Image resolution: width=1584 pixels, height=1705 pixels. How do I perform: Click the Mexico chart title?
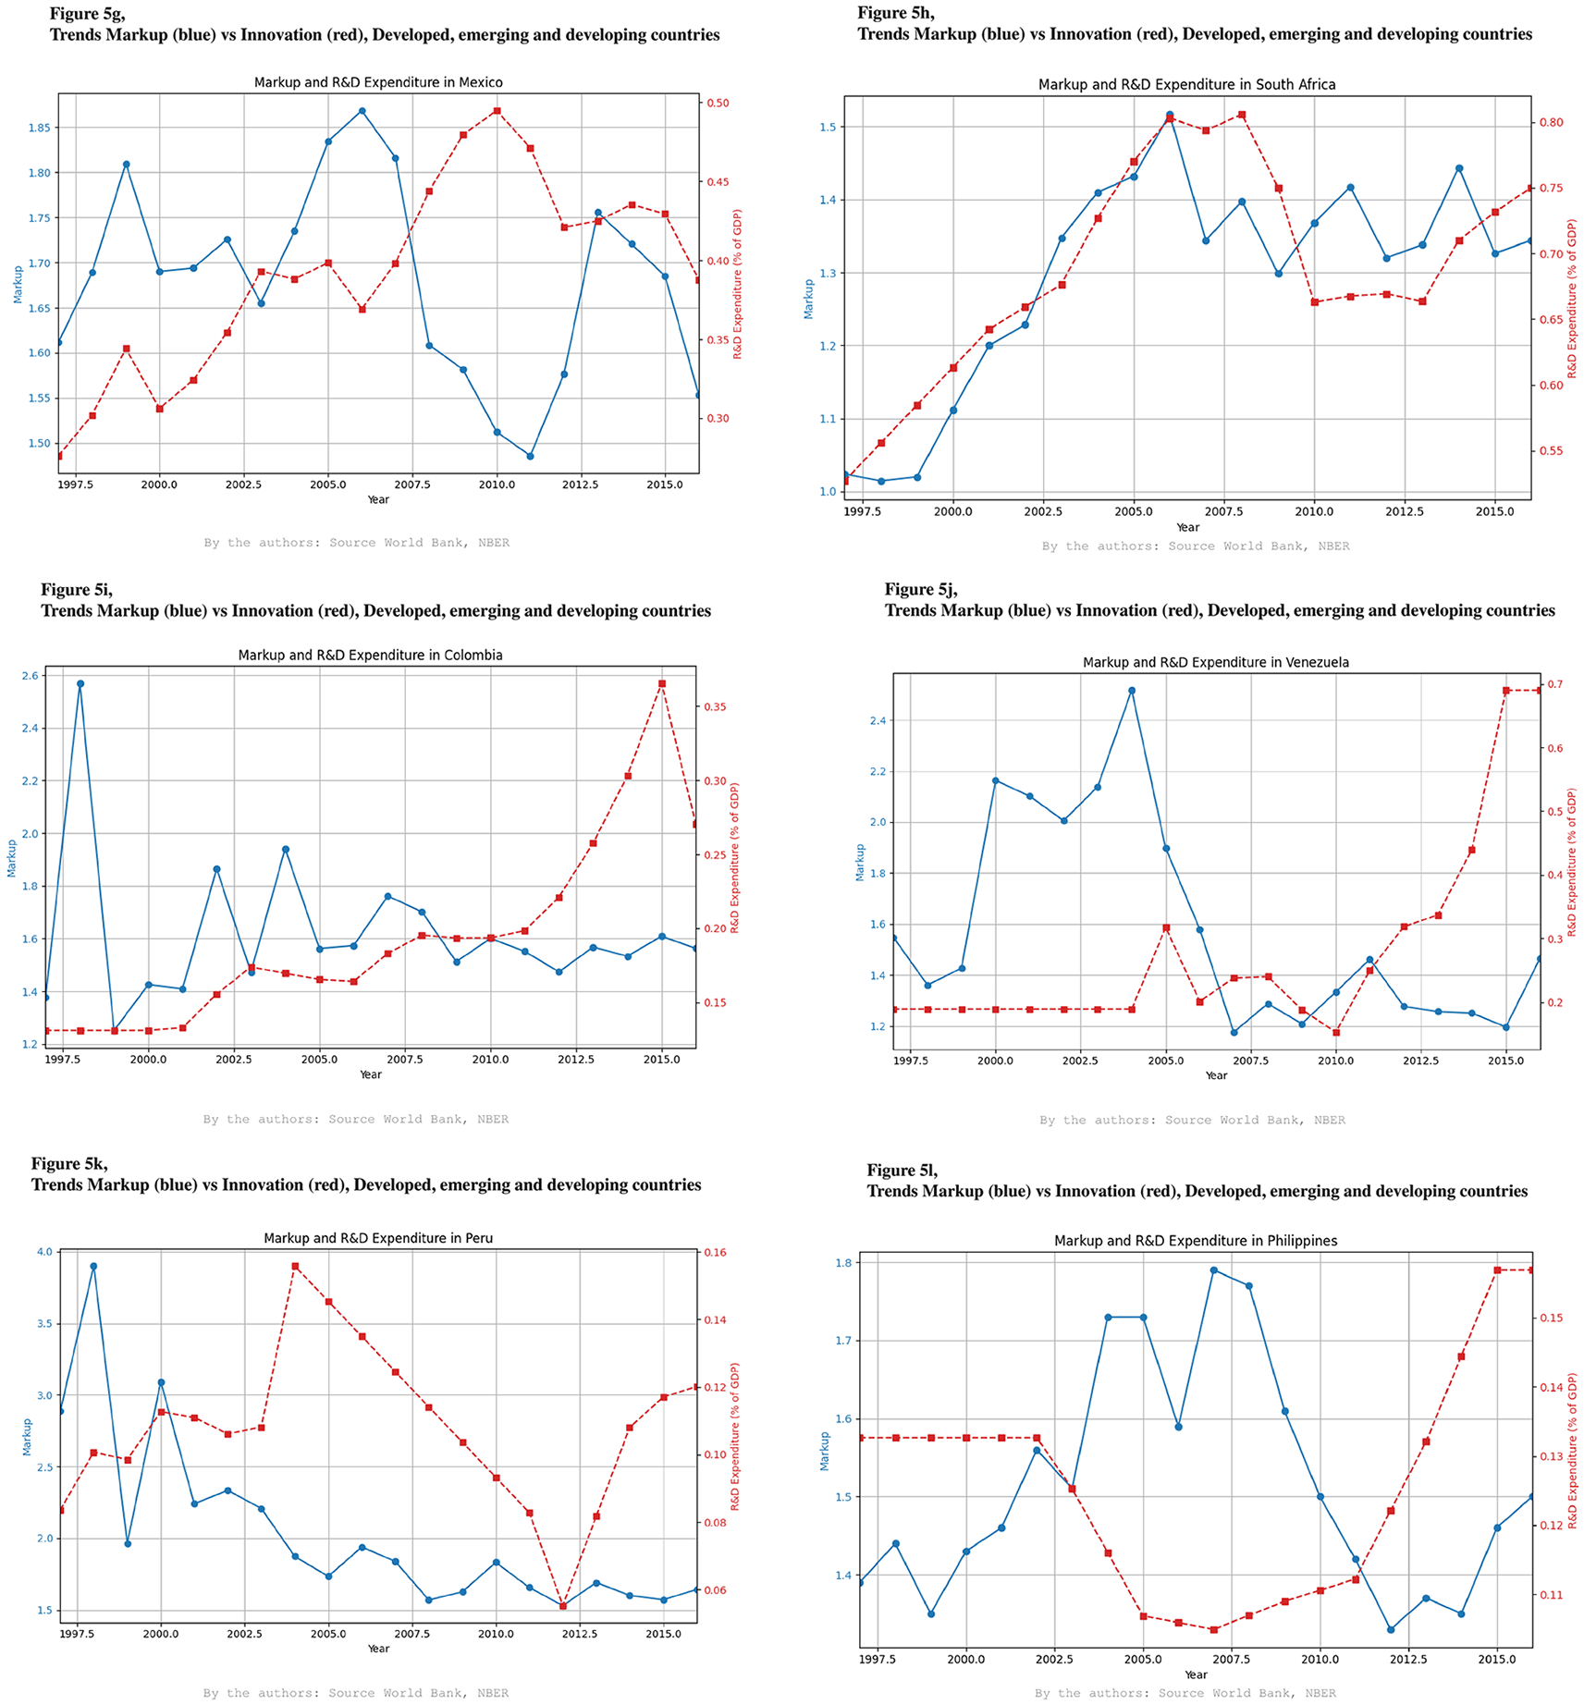click(x=378, y=82)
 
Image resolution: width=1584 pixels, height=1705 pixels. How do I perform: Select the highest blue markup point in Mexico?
click(x=362, y=111)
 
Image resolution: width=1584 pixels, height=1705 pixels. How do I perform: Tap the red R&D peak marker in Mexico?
click(x=497, y=111)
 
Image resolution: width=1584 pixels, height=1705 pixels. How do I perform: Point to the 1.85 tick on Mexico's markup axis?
click(x=39, y=128)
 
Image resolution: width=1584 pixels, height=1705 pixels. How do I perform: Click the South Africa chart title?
click(x=1186, y=84)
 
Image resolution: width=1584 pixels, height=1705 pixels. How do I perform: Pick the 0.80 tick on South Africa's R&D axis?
click(x=1551, y=122)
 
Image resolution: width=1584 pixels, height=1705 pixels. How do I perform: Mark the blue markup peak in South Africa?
click(x=1170, y=115)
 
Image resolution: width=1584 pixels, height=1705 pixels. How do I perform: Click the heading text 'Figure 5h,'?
click(x=895, y=13)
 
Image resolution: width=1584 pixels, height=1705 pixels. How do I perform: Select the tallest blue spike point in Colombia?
click(x=80, y=684)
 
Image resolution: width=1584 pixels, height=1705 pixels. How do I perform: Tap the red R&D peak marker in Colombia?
click(x=662, y=684)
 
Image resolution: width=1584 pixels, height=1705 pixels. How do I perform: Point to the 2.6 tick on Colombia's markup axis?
click(x=30, y=676)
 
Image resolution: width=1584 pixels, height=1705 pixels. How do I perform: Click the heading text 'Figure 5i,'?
click(x=77, y=589)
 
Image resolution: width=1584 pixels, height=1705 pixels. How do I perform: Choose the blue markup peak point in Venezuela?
click(x=1132, y=691)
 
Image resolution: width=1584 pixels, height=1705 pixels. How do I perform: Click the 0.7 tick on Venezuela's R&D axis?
click(x=1553, y=684)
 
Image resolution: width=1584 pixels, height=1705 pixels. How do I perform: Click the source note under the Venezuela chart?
click(x=1192, y=1120)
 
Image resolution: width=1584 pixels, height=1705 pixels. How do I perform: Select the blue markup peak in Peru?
click(x=93, y=1266)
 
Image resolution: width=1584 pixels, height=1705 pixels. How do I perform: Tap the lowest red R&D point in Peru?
click(x=562, y=1606)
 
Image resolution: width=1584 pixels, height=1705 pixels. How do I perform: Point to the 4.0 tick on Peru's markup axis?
click(x=44, y=1252)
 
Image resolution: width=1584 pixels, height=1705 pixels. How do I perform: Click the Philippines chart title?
click(x=1195, y=1241)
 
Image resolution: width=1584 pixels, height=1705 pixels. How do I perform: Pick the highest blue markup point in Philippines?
click(x=1213, y=1270)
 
